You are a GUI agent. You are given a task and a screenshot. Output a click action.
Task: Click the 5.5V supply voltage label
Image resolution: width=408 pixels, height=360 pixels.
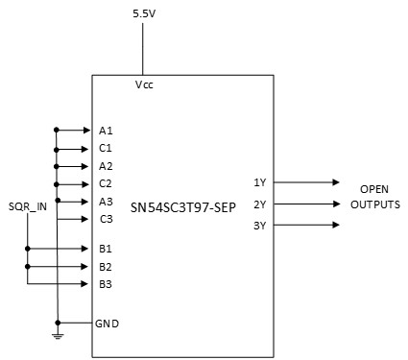(x=142, y=15)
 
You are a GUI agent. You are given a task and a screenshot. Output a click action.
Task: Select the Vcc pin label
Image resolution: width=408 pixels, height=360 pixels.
(x=144, y=84)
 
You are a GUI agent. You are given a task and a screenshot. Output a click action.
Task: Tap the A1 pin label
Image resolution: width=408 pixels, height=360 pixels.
(x=106, y=131)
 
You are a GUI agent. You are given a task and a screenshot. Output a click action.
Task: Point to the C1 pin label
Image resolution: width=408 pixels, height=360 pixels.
(x=106, y=149)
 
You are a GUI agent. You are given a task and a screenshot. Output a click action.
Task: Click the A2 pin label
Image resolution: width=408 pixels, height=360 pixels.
(x=106, y=166)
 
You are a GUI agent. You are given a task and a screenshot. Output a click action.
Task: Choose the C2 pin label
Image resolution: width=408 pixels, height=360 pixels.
(x=106, y=183)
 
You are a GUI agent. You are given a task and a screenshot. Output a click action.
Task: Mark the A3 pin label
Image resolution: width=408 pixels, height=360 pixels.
(x=106, y=202)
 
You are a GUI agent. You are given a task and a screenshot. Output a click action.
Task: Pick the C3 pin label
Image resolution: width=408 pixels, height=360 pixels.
(x=106, y=219)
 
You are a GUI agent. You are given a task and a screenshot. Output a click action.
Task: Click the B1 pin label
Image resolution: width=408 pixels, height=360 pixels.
(x=106, y=249)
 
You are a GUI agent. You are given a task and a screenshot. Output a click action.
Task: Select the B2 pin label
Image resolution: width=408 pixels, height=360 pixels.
(x=106, y=266)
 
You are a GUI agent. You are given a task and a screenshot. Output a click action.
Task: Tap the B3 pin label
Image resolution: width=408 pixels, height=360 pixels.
(x=106, y=284)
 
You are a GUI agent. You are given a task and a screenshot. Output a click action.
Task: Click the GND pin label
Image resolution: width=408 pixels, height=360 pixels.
(x=108, y=324)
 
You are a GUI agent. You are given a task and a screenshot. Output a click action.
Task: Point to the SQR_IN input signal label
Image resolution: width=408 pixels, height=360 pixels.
(x=27, y=206)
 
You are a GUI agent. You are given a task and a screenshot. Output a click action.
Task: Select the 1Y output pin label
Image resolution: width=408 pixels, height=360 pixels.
(x=259, y=182)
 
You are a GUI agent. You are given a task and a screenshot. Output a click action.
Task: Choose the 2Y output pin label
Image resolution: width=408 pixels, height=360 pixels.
(x=259, y=204)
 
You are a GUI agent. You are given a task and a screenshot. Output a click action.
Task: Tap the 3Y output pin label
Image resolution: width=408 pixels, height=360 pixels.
(x=259, y=226)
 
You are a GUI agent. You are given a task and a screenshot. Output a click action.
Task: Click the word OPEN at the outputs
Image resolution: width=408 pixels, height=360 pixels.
(x=373, y=189)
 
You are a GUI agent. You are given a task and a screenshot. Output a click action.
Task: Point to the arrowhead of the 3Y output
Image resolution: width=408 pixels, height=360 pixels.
(x=335, y=226)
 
